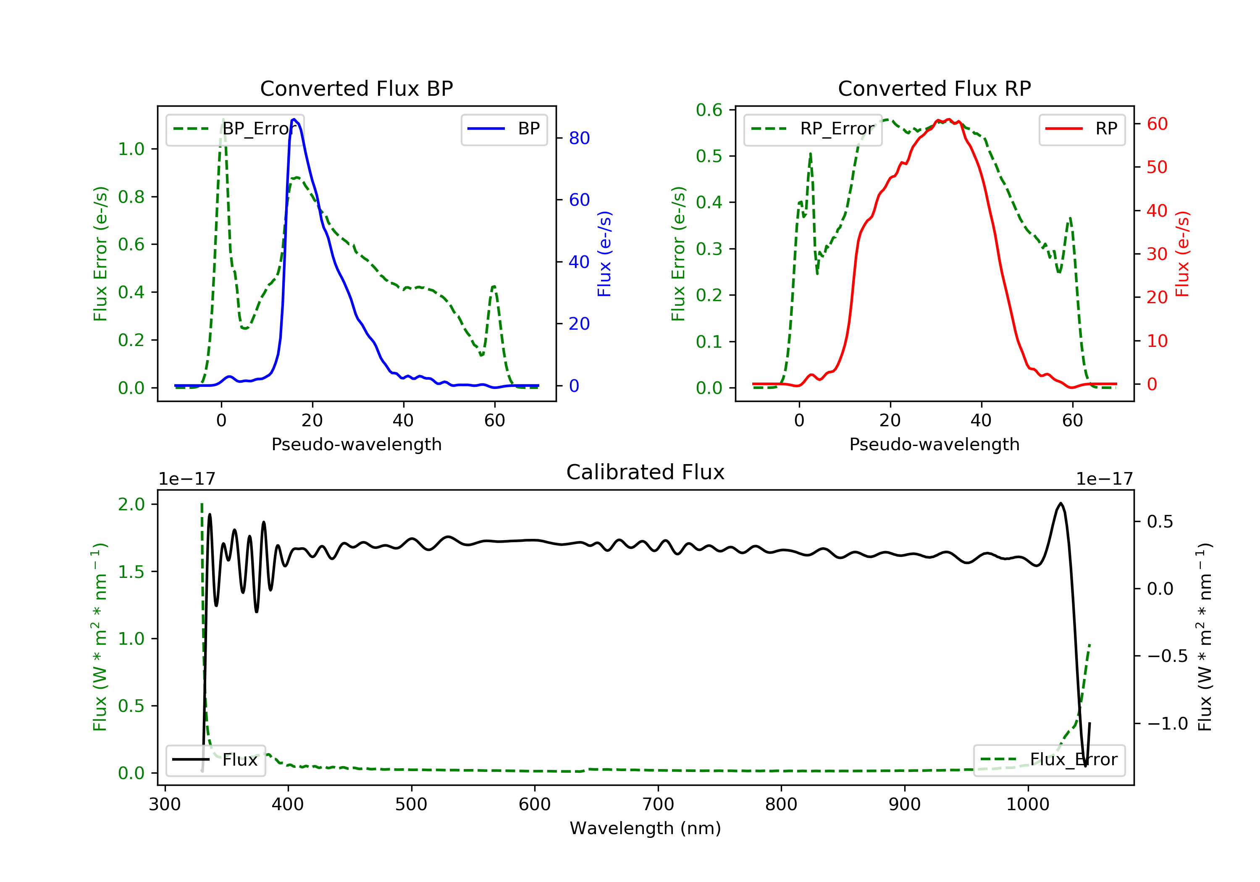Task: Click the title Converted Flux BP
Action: [x=356, y=88]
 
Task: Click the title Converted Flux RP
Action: [x=934, y=88]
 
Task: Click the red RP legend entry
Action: [x=1081, y=129]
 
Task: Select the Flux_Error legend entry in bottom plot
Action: [x=1049, y=760]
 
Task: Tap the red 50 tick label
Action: [x=1157, y=168]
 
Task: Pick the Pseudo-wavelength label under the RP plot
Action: [x=934, y=444]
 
